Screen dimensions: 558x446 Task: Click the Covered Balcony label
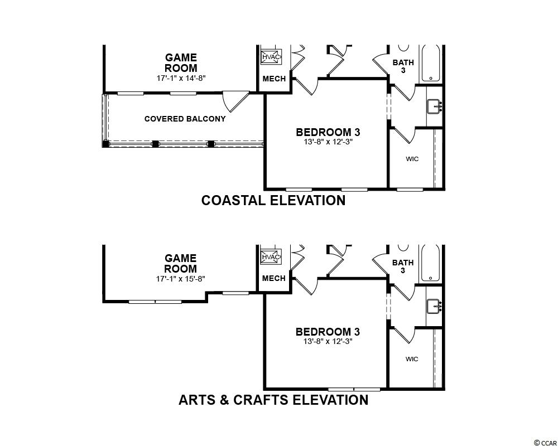click(x=185, y=119)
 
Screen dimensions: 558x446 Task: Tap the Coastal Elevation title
click(x=273, y=200)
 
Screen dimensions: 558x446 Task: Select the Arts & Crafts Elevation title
click(x=273, y=400)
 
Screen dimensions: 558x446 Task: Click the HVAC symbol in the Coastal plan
click(x=272, y=56)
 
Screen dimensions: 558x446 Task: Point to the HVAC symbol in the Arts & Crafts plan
click(x=271, y=257)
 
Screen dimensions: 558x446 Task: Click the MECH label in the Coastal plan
click(x=274, y=79)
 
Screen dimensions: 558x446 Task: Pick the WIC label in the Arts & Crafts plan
click(x=412, y=359)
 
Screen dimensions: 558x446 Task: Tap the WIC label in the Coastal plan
click(x=412, y=159)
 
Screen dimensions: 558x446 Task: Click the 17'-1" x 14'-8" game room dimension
click(x=181, y=78)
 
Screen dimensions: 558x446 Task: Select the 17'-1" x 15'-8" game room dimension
click(x=181, y=279)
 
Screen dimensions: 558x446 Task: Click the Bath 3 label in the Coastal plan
click(x=403, y=66)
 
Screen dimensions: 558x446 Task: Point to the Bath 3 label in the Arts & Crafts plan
click(x=403, y=266)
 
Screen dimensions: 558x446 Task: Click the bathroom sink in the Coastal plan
click(x=434, y=106)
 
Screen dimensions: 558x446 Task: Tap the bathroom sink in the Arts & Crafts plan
click(x=434, y=306)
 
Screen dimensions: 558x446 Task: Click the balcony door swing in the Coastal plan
click(x=235, y=101)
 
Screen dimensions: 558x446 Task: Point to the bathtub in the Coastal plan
click(x=431, y=64)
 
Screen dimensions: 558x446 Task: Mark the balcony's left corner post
click(x=105, y=144)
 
